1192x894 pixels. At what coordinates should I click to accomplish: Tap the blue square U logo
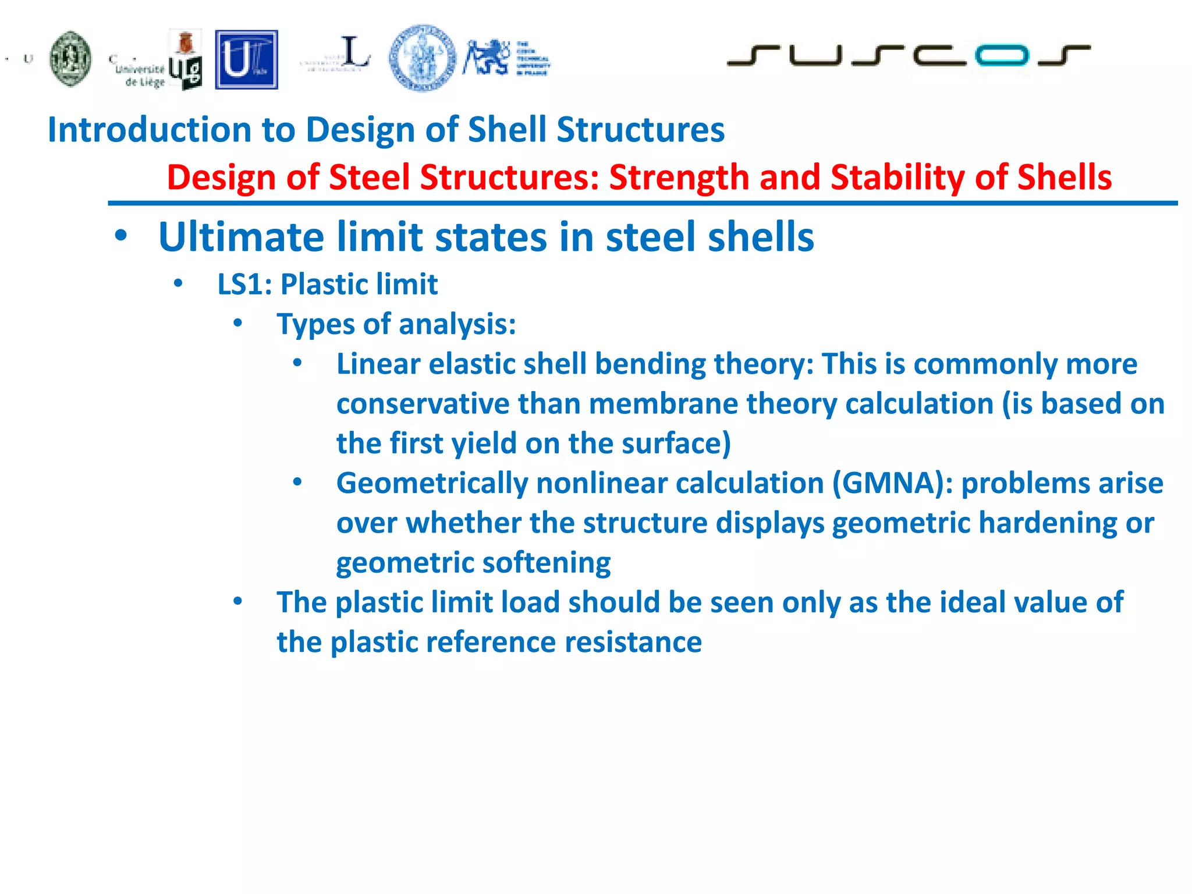(246, 60)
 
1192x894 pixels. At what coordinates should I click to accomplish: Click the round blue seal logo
(423, 58)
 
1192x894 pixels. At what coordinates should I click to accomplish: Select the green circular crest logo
(70, 59)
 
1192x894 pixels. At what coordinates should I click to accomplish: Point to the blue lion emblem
(486, 57)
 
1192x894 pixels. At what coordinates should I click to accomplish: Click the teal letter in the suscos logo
(1002, 55)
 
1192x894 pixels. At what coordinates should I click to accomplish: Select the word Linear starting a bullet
(378, 364)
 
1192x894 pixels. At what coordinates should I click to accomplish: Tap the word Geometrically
(432, 483)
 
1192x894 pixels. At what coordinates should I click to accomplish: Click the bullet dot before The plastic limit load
(237, 601)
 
